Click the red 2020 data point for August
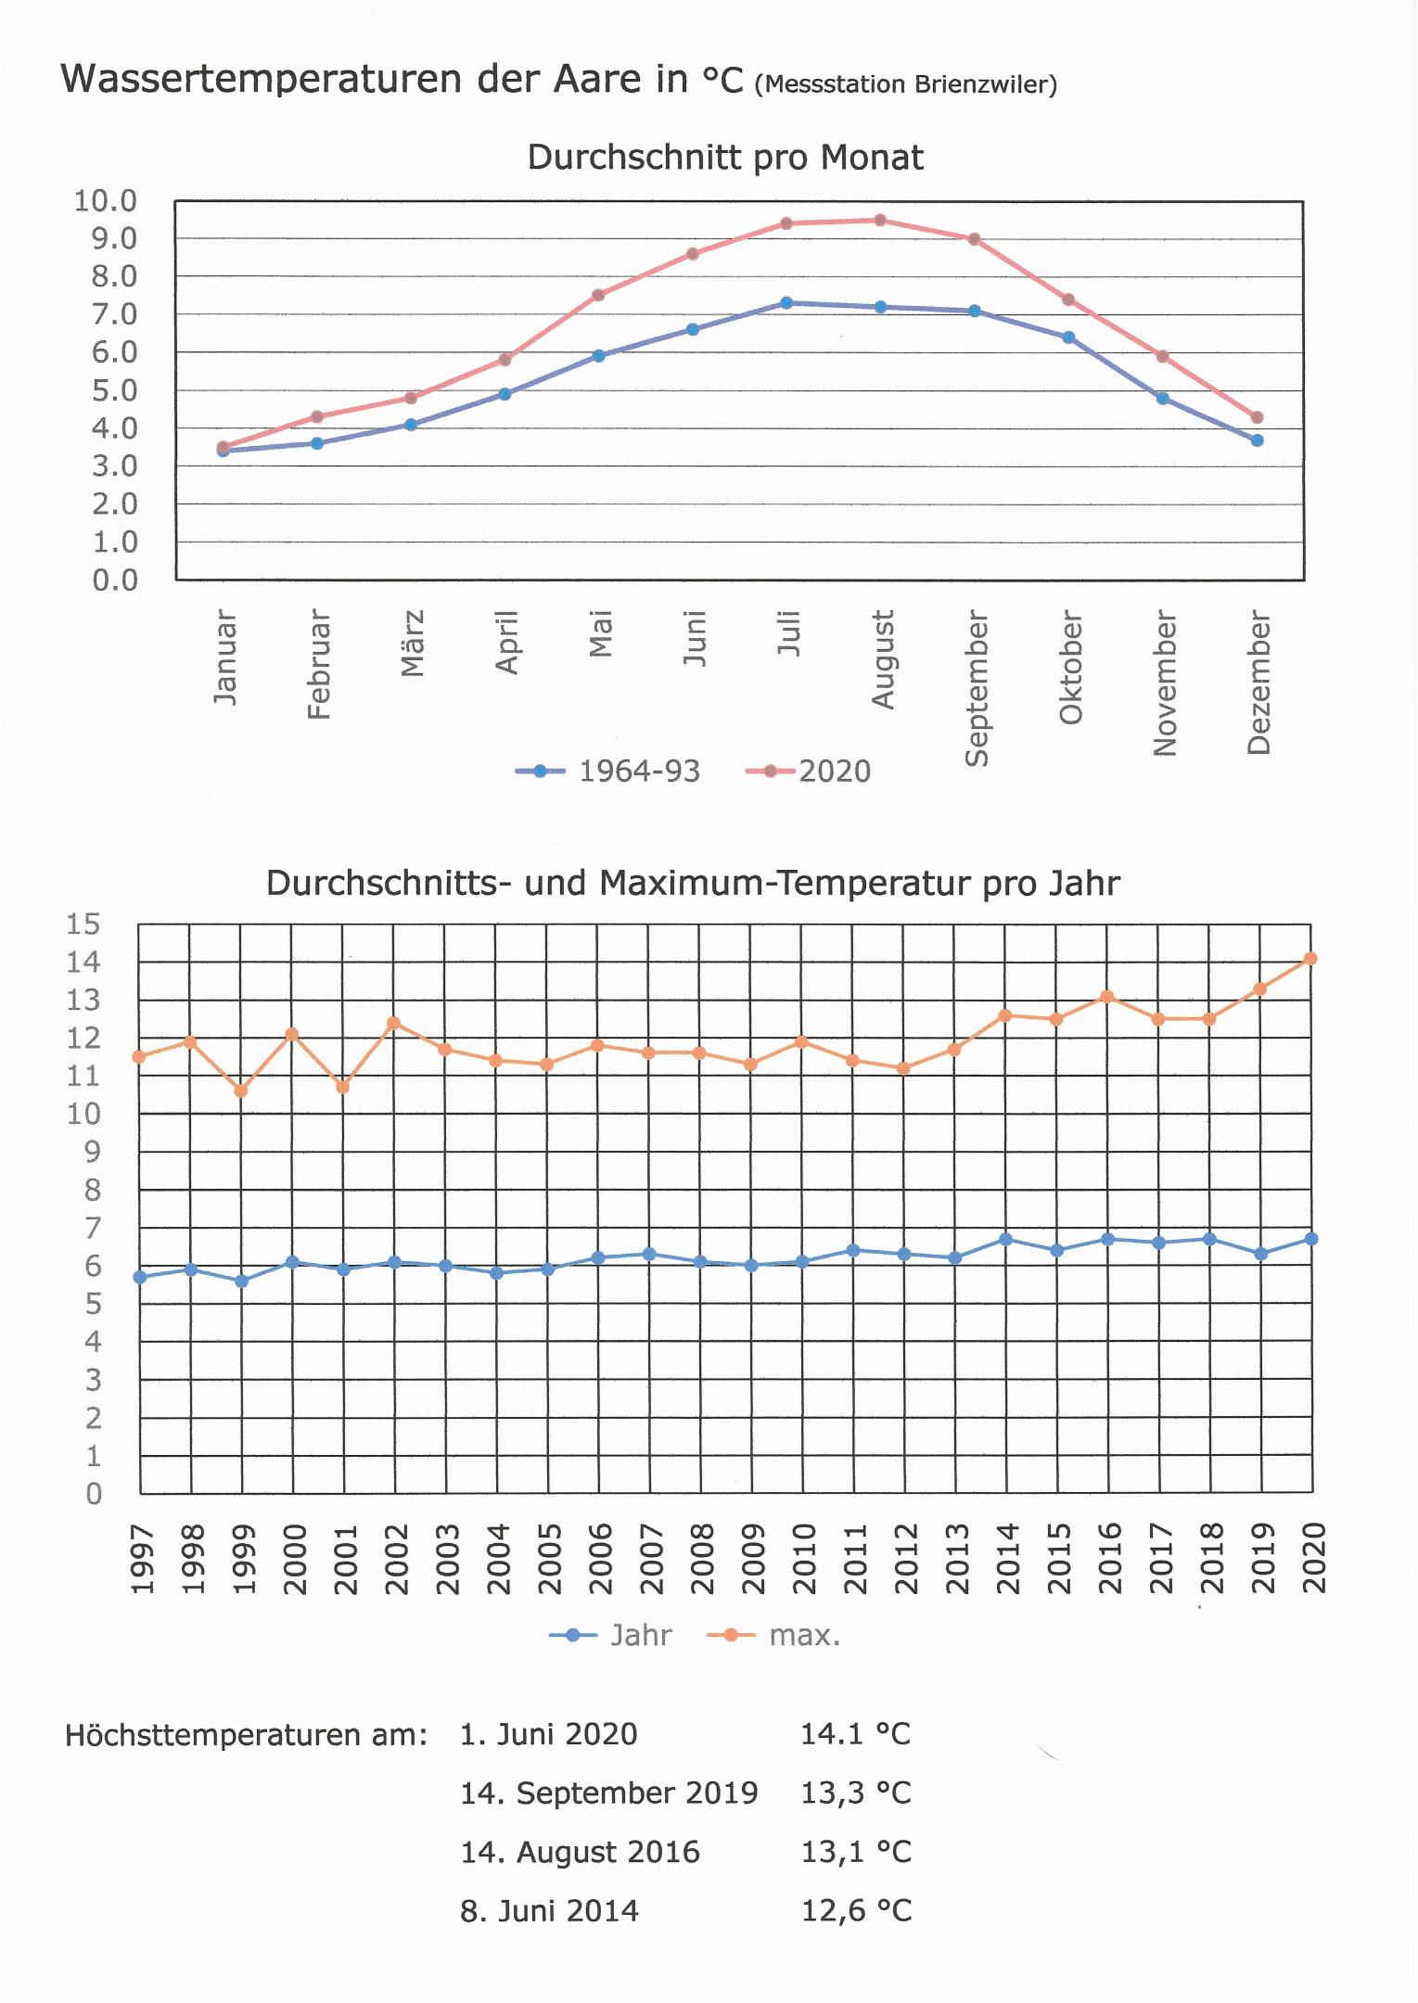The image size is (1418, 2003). point(880,221)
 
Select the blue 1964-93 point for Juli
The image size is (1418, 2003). point(786,303)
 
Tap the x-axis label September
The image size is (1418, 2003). point(977,688)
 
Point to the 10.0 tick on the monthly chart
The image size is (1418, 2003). point(106,200)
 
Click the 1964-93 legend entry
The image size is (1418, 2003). point(608,771)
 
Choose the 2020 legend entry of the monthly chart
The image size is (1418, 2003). point(809,771)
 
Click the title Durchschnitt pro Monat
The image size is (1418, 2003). point(724,158)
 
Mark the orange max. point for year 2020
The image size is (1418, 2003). point(1310,959)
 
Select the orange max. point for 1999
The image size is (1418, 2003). point(241,1091)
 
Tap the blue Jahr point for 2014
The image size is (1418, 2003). point(1005,1239)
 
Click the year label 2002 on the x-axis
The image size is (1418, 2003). point(397,1559)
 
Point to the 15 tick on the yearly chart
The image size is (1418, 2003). point(83,924)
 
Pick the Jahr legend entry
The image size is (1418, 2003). point(611,1635)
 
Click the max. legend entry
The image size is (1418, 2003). point(774,1635)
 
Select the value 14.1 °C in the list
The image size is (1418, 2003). point(855,1734)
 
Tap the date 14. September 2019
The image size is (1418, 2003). point(608,1793)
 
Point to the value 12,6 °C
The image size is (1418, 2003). point(856,1910)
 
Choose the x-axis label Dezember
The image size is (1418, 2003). point(1258,682)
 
